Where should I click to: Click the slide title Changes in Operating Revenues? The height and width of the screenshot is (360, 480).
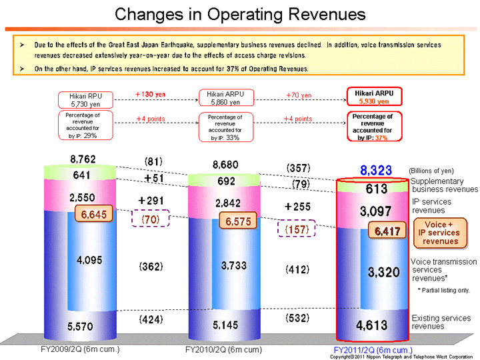[240, 14]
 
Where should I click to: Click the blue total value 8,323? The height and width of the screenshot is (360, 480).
[376, 171]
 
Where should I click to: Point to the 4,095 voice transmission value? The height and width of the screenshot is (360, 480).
[89, 261]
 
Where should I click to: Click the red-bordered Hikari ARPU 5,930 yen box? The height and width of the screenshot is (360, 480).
[374, 97]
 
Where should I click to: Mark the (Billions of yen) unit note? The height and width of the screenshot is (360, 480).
[431, 171]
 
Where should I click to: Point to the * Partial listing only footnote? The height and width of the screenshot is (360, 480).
[444, 290]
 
